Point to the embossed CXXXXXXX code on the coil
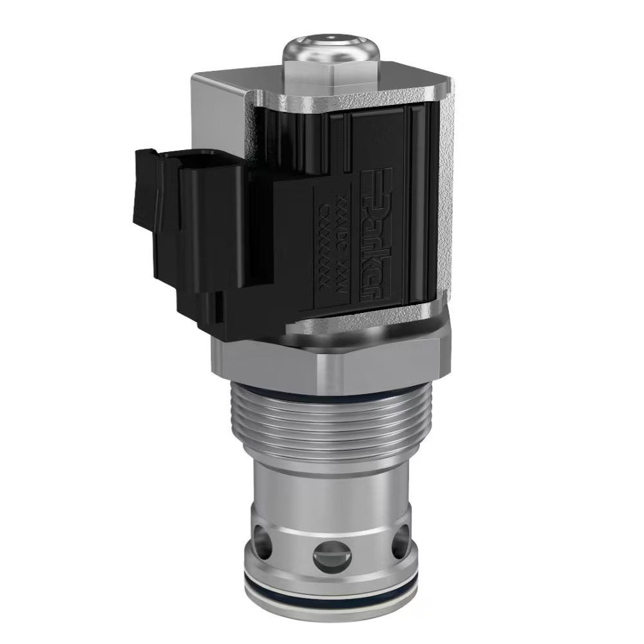pyautogui.click(x=326, y=245)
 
